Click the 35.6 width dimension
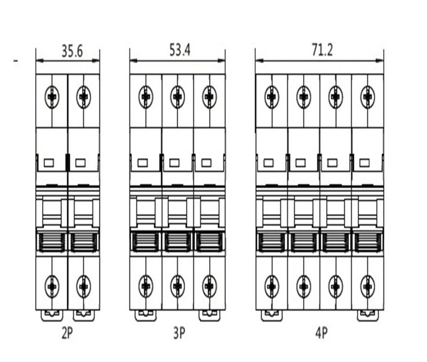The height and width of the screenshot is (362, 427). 72,51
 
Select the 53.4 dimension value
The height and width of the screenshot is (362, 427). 180,50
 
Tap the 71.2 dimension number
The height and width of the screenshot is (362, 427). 322,50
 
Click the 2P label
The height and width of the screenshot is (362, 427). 67,333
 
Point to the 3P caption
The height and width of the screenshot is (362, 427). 179,333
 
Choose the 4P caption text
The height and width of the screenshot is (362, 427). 322,333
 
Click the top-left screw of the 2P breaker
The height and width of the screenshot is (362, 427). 52,97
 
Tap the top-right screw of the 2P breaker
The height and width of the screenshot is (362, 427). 84,97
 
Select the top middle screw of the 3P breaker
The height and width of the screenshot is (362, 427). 178,97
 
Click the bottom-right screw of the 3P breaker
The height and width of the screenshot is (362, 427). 209,287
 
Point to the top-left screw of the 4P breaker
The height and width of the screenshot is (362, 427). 272,97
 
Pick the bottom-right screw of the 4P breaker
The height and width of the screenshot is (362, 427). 367,287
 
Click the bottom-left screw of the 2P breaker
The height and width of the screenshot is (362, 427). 52,287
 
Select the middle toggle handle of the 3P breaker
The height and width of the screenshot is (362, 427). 178,242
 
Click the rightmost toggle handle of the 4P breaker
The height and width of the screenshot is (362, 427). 368,242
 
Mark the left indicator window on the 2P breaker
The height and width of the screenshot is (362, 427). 49,163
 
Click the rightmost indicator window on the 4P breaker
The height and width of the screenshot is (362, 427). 365,163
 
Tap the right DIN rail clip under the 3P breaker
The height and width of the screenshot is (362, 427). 209,316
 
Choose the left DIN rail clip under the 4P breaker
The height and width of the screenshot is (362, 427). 272,316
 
